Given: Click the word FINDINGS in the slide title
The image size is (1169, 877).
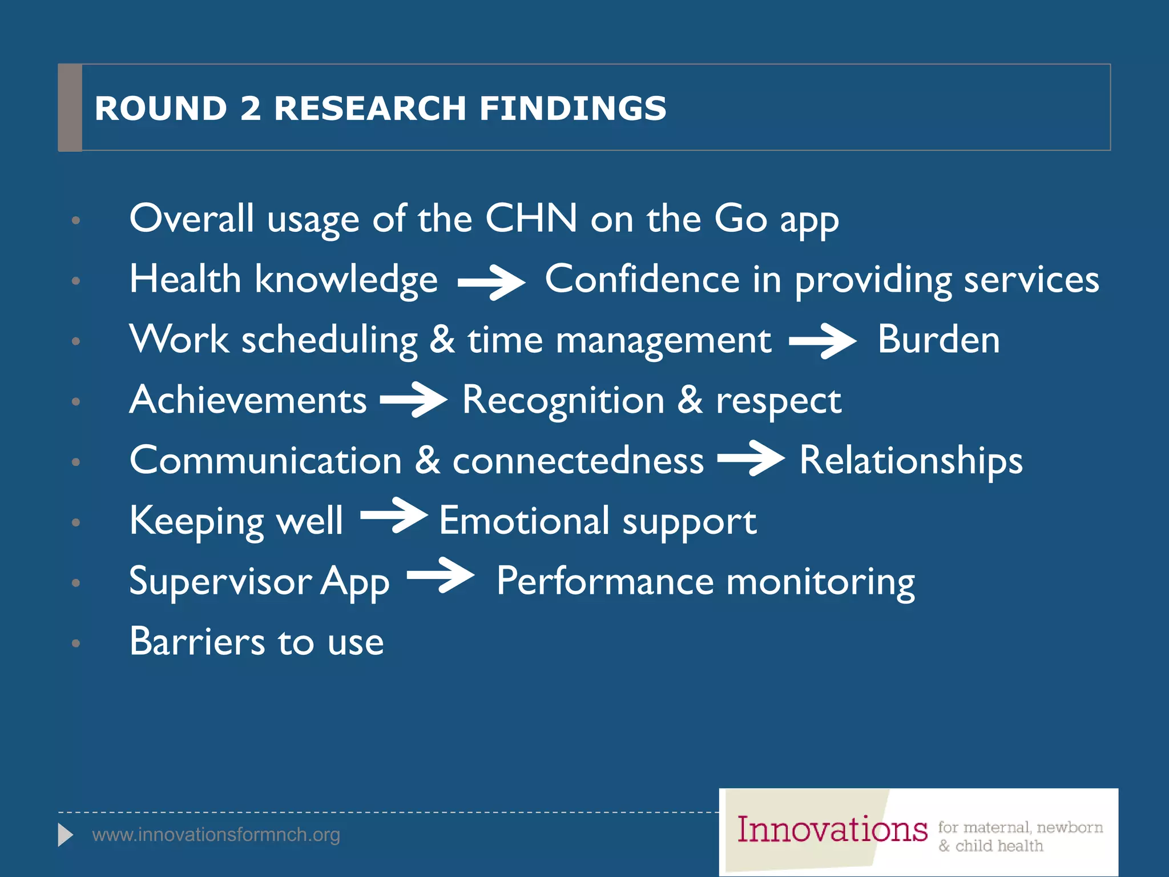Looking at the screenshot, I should point(573,108).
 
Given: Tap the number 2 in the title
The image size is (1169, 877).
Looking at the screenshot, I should point(251,108).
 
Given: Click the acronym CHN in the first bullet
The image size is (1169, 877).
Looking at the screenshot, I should point(531,219).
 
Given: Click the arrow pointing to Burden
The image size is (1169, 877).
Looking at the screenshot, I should point(823,341).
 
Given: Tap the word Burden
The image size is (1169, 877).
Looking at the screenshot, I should point(938,340).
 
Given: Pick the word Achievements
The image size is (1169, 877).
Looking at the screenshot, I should point(248,400).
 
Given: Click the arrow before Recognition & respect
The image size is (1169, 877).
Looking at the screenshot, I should point(414,400).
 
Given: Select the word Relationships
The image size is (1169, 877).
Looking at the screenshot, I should point(911,461).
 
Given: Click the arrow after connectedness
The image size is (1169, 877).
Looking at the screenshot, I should point(751,458).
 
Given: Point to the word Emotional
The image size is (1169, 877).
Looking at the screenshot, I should point(524,521).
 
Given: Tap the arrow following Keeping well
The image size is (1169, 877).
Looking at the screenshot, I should point(394,515).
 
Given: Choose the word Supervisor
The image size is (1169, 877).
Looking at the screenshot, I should point(220,582).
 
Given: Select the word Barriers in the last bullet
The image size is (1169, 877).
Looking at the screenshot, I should point(197,642).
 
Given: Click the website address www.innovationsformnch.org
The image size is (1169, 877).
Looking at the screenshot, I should point(216,835).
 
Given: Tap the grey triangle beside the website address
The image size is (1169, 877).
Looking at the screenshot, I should point(65,835).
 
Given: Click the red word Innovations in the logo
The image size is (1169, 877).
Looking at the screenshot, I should point(832,830).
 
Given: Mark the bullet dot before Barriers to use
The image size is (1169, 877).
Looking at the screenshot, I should point(76,643).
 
